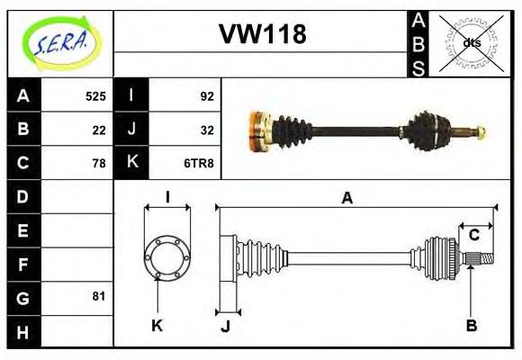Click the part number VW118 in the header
tap(262, 34)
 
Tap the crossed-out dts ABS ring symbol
tap(471, 42)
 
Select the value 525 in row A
tap(95, 95)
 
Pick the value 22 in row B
tap(99, 129)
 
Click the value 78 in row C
tap(99, 163)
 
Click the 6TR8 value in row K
tap(200, 163)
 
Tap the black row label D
tap(23, 196)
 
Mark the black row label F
tap(23, 264)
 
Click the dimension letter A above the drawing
tap(347, 198)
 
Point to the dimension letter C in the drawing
tap(473, 236)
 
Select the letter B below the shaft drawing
tap(471, 325)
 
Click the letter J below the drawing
tap(225, 326)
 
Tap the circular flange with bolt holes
tap(167, 256)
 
